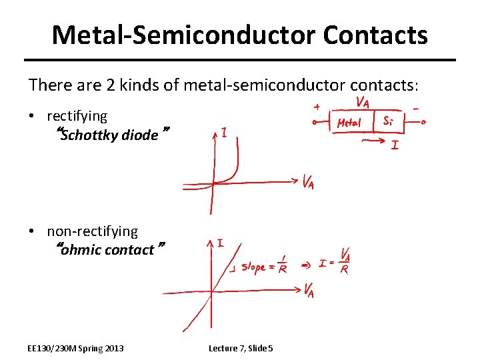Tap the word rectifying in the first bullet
coord(77,116)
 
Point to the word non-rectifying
coord(92,231)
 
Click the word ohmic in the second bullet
coord(79,250)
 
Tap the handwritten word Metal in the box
coord(350,123)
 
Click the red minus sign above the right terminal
coord(416,106)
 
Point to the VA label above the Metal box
coord(363,102)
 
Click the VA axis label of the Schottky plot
coord(308,181)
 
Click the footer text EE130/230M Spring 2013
coord(75,348)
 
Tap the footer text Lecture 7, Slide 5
coord(241,348)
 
